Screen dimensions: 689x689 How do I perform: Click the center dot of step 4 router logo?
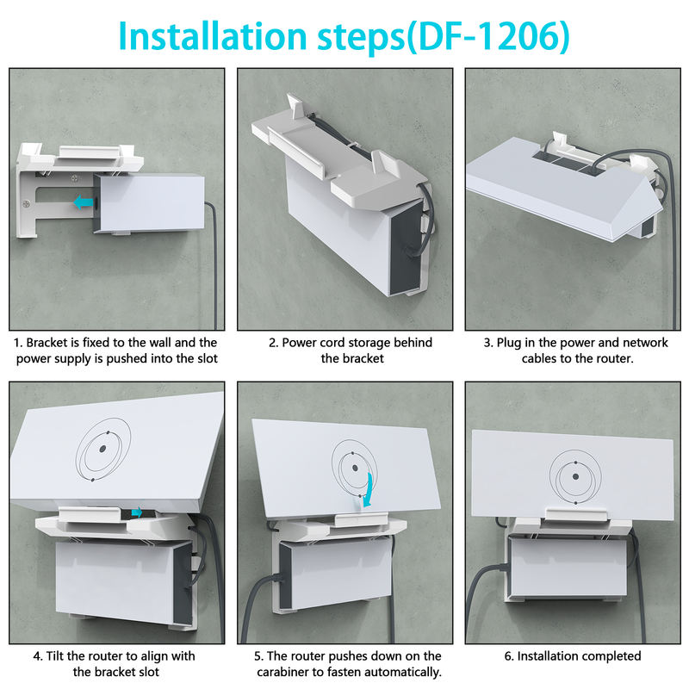coord(102,448)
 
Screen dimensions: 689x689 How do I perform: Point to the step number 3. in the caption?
coord(488,343)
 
